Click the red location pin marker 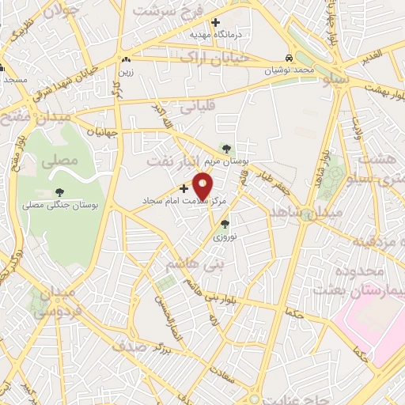pyautogui.click(x=203, y=186)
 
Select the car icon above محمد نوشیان pyautogui.click(x=290, y=59)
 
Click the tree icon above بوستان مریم pyautogui.click(x=227, y=148)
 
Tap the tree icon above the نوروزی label pyautogui.click(x=224, y=225)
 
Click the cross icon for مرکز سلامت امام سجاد pyautogui.click(x=184, y=188)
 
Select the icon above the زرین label pyautogui.click(x=126, y=59)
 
